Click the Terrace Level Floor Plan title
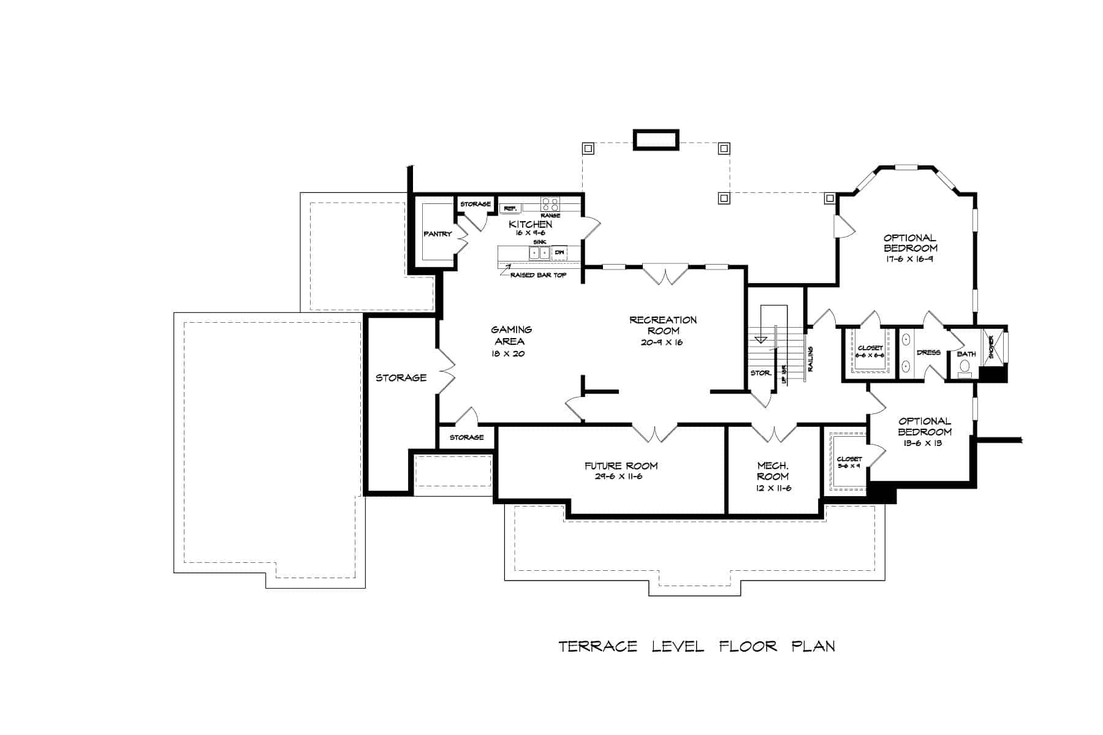(x=697, y=646)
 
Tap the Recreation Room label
(x=662, y=325)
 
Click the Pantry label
(x=438, y=234)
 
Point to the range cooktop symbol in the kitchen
(x=550, y=204)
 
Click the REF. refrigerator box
(x=510, y=209)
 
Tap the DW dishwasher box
(x=559, y=252)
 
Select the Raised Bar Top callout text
(x=538, y=276)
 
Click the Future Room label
(x=621, y=466)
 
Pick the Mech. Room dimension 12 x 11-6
(x=773, y=488)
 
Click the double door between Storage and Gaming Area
(x=447, y=372)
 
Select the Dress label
(x=928, y=353)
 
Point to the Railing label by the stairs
(x=810, y=359)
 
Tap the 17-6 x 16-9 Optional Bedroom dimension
(x=910, y=259)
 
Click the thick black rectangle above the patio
(x=656, y=140)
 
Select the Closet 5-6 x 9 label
(x=849, y=462)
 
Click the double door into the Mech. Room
(x=775, y=434)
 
